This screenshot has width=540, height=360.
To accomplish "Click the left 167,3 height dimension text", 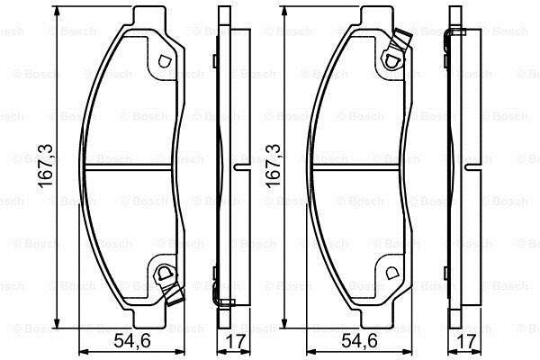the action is pos(46,166).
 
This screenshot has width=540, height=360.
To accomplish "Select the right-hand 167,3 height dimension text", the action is pos(273,166).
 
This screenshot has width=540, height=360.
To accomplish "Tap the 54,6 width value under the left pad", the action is pos(132,341).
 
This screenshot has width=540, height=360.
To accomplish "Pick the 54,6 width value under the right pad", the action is pos(359,341).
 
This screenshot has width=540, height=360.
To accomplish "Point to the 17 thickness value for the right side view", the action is pos(466,341).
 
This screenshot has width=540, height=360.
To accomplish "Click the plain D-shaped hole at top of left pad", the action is pos(165,62).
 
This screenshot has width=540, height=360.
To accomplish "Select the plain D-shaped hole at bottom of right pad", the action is pos(391,274).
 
